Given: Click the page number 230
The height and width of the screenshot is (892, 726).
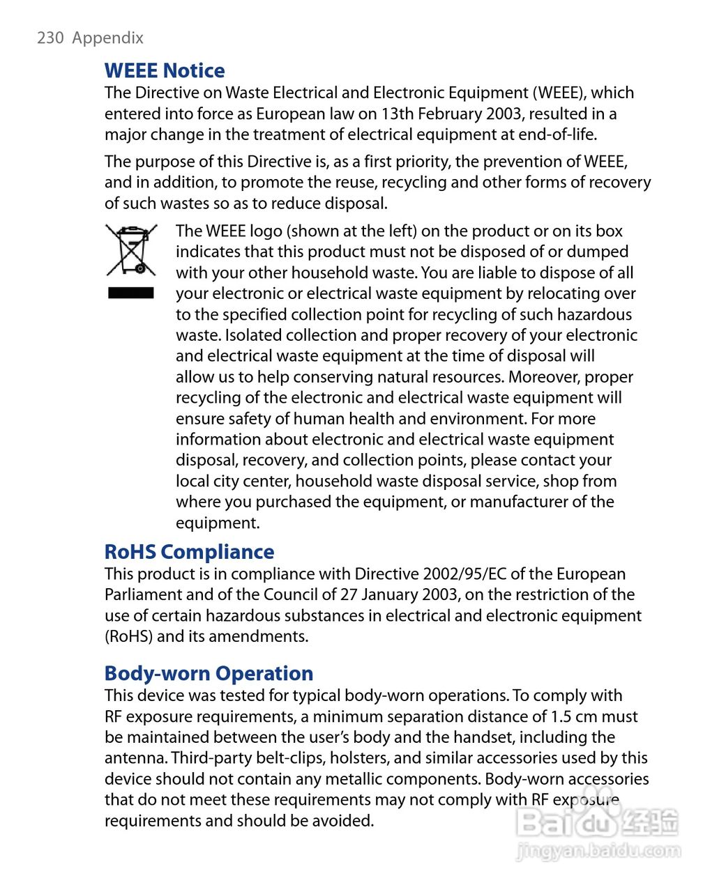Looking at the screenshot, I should (50, 38).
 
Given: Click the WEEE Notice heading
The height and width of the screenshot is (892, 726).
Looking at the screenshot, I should (165, 70).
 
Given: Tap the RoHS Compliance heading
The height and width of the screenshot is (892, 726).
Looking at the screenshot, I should (189, 552).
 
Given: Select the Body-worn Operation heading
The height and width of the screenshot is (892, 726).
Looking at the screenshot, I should (209, 673).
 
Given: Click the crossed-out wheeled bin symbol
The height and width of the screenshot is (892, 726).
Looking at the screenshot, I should (131, 249).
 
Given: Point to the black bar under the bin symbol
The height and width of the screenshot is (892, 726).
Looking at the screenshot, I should (131, 293).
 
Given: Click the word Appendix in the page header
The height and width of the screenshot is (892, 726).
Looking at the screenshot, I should (108, 38).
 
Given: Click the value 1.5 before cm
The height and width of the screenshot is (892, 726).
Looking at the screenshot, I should (561, 716).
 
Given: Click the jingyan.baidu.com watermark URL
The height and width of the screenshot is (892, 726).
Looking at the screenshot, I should (598, 851).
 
